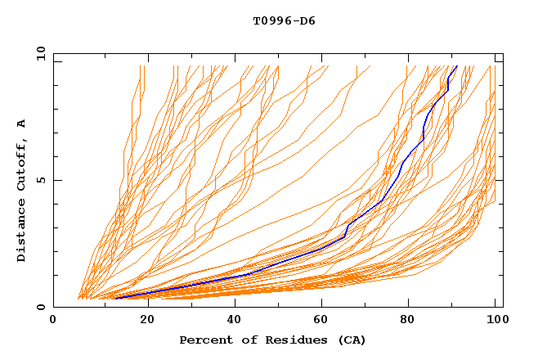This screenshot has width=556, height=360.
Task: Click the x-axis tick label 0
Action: click(53, 321)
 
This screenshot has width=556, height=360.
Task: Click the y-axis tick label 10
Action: click(38, 54)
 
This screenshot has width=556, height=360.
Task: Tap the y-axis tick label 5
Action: click(42, 180)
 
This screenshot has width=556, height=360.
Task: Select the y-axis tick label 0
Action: click(42, 307)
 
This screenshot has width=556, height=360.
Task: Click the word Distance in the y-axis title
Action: click(22, 229)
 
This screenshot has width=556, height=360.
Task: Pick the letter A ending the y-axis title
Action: click(22, 123)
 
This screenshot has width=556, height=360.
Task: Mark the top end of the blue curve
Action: click(456, 66)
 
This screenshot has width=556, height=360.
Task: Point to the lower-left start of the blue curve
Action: click(116, 298)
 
